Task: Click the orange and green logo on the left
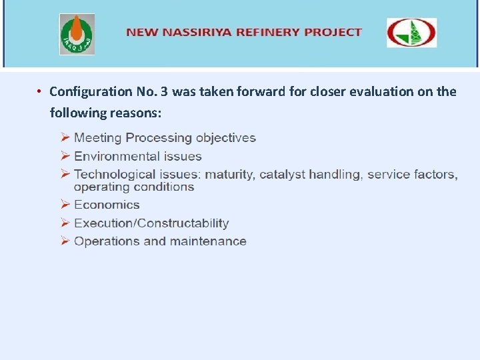pos(77,34)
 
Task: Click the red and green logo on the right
pos(412,33)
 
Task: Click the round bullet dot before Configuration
pos(40,91)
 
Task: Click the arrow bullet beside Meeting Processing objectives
pos(65,138)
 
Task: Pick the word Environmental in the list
pos(114,157)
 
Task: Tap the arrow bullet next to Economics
pos(65,205)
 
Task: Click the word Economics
pos(107,205)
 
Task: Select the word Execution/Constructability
pos(151,223)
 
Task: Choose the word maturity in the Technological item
pos(229,175)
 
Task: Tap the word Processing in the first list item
pos(159,138)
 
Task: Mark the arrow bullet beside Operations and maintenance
pos(65,241)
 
